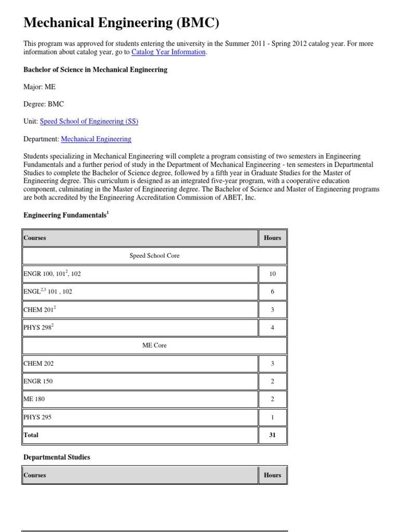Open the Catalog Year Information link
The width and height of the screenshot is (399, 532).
[x=169, y=52]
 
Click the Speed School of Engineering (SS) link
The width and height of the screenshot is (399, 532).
[x=89, y=122]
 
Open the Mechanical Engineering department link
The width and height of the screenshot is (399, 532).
[x=96, y=139]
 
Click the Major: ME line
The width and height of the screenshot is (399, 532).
[x=39, y=87]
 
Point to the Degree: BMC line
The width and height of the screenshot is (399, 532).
[x=44, y=104]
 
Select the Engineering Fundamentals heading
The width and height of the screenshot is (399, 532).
[x=65, y=215]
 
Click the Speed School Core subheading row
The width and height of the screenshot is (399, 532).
[x=154, y=256]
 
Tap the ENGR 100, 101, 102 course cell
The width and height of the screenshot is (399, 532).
[x=52, y=274]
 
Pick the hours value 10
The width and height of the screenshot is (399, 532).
[x=272, y=274]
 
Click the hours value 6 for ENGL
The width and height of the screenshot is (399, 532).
[x=272, y=292]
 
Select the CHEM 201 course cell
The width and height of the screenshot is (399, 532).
[x=39, y=310]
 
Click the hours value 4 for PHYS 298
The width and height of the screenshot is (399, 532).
[x=272, y=328]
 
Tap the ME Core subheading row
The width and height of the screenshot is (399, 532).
[x=154, y=345]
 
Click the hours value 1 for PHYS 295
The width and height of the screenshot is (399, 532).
[x=272, y=417]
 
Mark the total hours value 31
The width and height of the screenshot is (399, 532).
[x=272, y=435]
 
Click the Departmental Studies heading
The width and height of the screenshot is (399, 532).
[x=57, y=457]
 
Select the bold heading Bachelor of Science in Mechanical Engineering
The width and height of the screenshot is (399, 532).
[x=96, y=70]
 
